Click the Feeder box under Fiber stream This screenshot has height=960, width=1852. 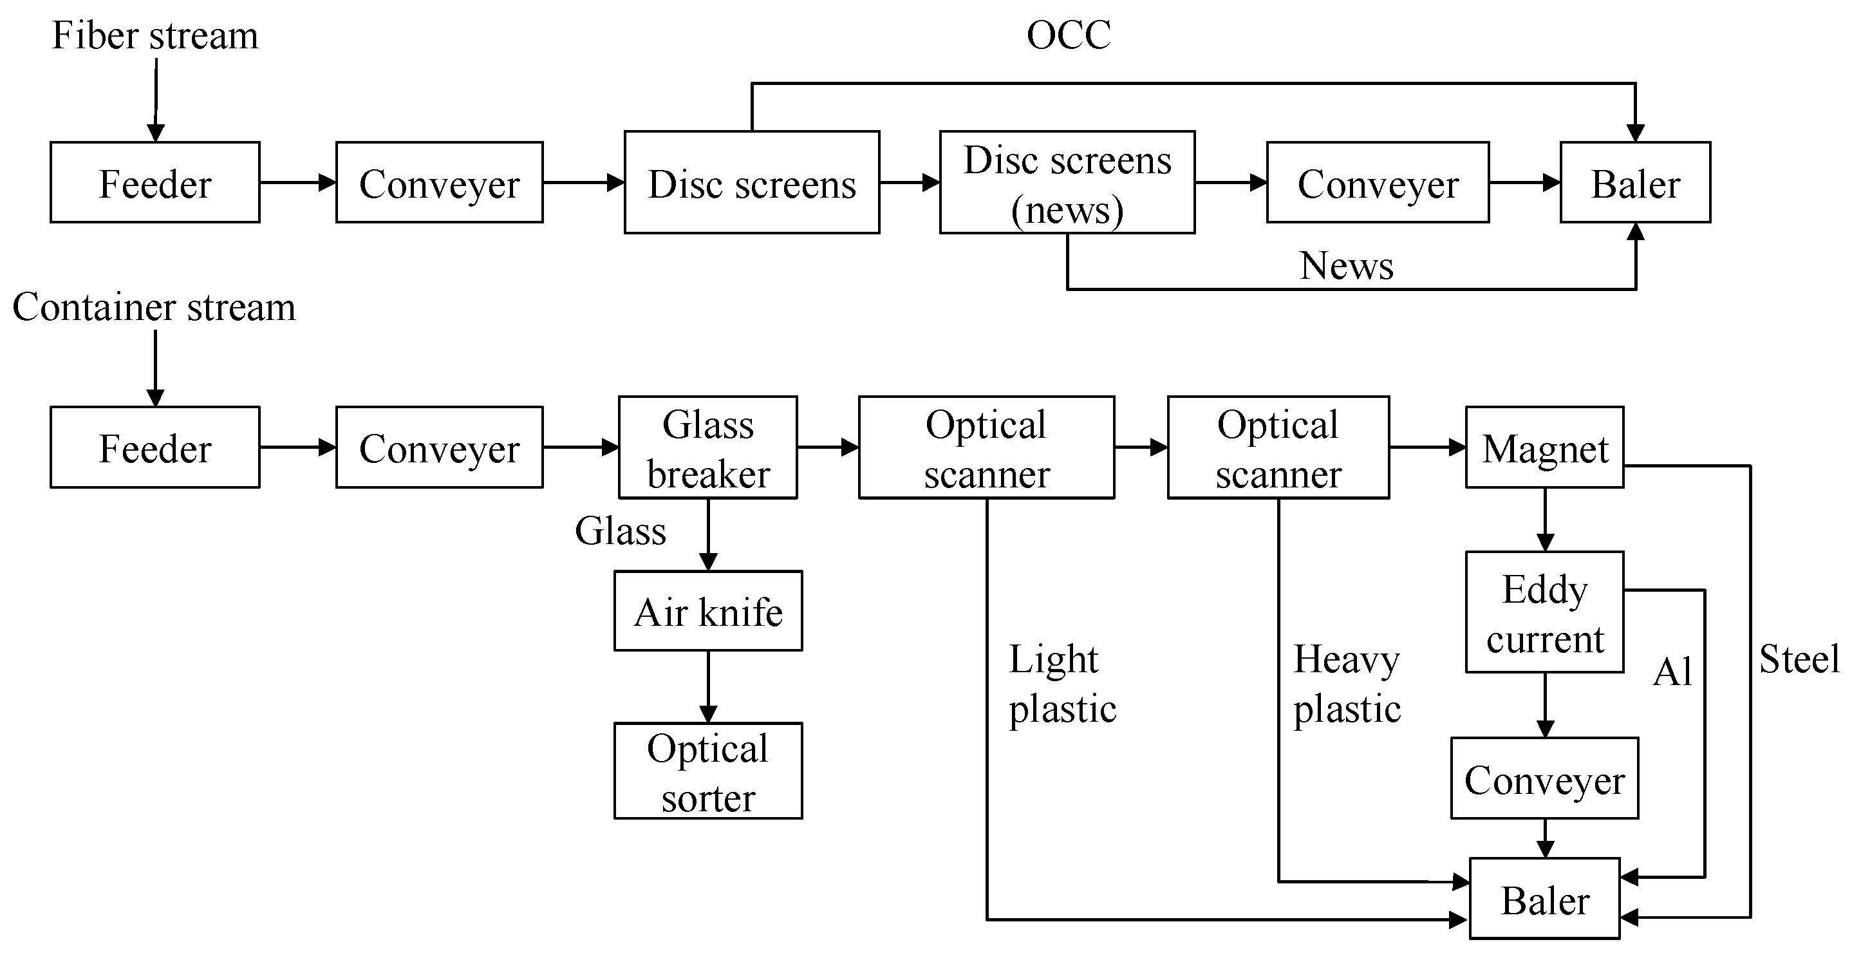(x=154, y=183)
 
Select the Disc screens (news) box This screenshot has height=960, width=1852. (x=1067, y=183)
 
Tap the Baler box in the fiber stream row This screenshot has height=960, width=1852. (x=1635, y=183)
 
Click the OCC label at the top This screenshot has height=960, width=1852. (x=1069, y=35)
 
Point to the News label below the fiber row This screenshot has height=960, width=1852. (x=1346, y=265)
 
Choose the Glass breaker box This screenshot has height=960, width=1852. (x=707, y=447)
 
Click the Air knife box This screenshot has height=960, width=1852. (x=707, y=611)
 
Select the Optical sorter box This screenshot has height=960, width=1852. (x=707, y=771)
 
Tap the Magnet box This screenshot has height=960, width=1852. (x=1544, y=448)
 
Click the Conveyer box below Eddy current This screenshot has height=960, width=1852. (x=1544, y=779)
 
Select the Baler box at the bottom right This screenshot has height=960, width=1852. (x=1544, y=899)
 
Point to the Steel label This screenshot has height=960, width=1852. (x=1799, y=659)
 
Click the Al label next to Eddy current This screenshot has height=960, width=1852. (x=1672, y=672)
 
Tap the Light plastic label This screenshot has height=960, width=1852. (x=1061, y=683)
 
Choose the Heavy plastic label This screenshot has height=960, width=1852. (x=1347, y=683)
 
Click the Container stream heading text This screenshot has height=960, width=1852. (x=154, y=307)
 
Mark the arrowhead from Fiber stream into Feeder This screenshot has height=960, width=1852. (x=155, y=133)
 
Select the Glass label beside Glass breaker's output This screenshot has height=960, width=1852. (x=620, y=531)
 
